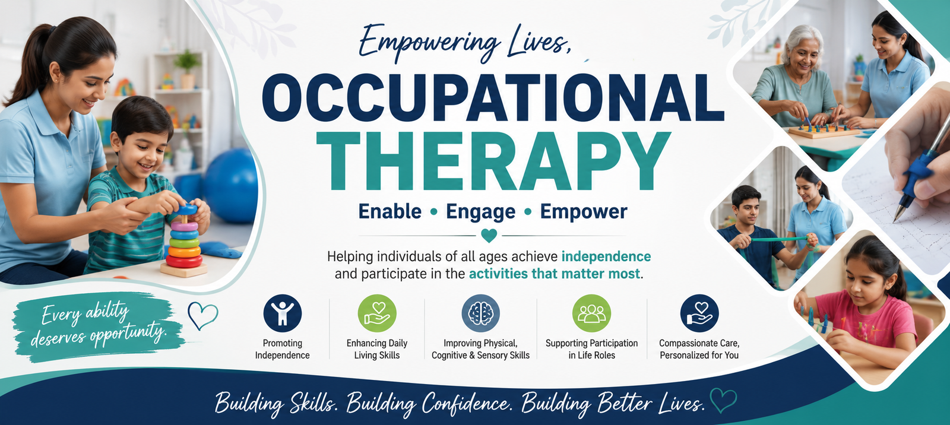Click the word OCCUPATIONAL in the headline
493,98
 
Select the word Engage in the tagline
480,213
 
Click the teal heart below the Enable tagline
489,236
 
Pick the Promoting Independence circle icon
283,313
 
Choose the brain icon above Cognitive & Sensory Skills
480,313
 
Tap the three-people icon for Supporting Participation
591,313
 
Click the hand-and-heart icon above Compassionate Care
699,313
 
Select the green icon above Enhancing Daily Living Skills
377,313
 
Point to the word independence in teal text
606,256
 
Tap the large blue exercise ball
231,185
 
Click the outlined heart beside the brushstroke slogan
202,316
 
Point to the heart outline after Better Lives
724,400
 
